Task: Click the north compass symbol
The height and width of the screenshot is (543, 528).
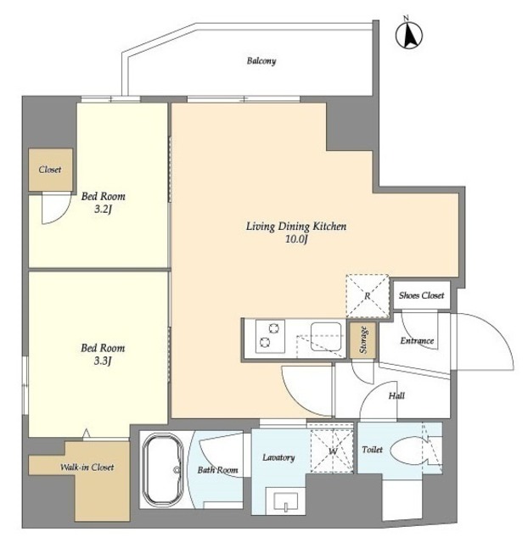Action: pos(409,34)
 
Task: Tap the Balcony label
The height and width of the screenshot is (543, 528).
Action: pos(261,61)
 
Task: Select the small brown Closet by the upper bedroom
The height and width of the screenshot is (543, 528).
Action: pos(50,170)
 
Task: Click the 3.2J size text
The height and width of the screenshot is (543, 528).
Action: pos(103,210)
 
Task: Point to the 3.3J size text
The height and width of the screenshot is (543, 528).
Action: pos(103,361)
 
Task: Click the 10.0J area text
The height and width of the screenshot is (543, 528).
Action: pos(296,239)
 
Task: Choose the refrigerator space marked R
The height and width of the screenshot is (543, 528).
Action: pos(368,296)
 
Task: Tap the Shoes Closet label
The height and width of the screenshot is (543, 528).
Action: pos(421,295)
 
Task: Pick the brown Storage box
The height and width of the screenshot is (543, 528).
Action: pos(362,340)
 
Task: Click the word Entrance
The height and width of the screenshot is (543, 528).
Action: pos(417,341)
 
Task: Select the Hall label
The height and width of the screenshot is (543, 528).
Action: pos(396,395)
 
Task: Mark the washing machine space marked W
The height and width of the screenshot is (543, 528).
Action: pos(332,451)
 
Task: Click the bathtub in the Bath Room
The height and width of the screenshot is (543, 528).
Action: pos(163,469)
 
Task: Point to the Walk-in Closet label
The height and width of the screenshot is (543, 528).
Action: pos(87,467)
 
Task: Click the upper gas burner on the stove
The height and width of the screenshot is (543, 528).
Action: pos(274,328)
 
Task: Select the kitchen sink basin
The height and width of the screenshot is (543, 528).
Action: pos(326,337)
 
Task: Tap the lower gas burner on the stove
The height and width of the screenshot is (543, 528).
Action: pos(265,343)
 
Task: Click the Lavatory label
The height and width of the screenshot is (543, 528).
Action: pos(278,457)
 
